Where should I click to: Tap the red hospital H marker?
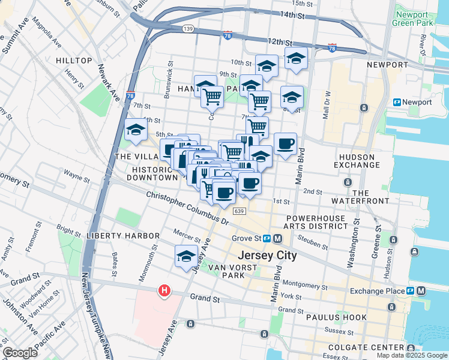pos(164,292)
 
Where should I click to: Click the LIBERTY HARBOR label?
pos(122,236)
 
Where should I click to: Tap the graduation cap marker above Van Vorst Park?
pos(187,256)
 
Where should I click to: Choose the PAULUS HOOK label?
pos(337,317)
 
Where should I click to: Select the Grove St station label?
pos(248,238)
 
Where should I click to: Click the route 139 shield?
pos(189,28)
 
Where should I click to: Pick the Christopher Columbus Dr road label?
pos(188,208)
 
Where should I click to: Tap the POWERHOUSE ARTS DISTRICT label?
pos(317,222)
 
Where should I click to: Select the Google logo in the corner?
pos(20,353)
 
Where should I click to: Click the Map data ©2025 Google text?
pos(411,355)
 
